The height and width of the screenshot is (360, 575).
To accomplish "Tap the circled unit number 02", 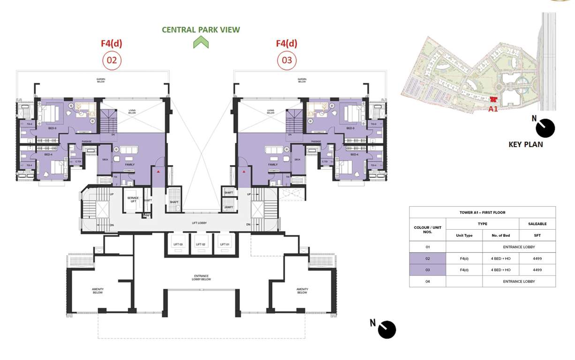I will [112, 60].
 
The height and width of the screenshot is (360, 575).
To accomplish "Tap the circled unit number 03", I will [287, 60].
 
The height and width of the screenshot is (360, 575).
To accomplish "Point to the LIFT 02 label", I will [201, 244].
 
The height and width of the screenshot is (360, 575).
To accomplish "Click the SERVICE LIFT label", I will [133, 199].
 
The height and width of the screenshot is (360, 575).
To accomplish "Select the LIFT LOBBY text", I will [199, 223].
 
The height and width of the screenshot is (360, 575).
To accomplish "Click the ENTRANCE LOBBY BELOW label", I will [201, 277].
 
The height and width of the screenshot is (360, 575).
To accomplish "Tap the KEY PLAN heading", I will [526, 144].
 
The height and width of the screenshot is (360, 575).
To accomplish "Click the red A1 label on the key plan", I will [492, 109].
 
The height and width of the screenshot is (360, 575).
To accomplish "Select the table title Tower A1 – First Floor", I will [482, 212].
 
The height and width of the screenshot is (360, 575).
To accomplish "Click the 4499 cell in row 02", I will [537, 258].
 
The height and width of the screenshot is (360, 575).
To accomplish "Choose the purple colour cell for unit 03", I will [427, 270].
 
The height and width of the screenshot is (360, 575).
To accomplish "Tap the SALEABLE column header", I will [537, 224].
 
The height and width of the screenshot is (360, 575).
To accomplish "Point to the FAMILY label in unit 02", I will [130, 165].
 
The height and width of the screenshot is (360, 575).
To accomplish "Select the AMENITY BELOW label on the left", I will [98, 291].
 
